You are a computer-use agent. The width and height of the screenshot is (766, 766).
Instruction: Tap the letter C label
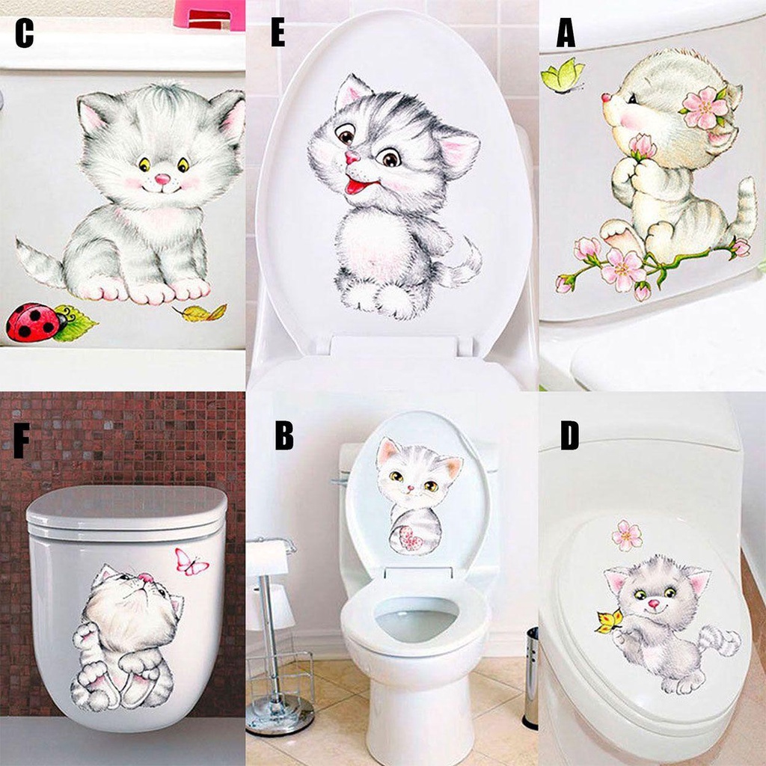pos(25,34)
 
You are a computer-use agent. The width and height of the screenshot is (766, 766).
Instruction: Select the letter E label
pos(278,34)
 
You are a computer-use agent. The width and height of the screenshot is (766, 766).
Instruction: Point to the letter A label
pos(566,34)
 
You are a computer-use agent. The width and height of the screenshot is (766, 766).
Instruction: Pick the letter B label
pos(284,437)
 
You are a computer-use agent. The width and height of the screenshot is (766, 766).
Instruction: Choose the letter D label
pos(569,437)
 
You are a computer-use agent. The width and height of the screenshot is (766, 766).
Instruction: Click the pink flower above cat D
pos(627,535)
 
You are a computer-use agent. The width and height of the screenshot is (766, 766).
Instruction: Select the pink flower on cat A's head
pos(705,108)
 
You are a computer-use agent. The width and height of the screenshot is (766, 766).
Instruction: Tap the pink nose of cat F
pos(145,577)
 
